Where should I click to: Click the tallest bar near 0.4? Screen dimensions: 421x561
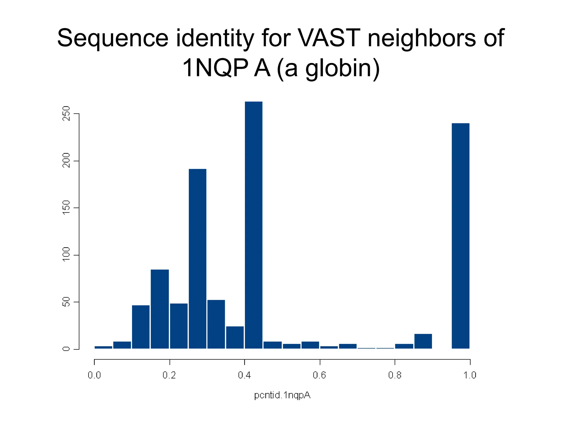(253, 225)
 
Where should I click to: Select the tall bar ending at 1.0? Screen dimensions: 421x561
(460, 236)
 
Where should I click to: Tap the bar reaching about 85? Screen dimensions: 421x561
(160, 309)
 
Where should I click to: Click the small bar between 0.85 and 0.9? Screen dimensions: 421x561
(423, 341)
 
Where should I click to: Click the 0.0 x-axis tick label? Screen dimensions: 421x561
(94, 375)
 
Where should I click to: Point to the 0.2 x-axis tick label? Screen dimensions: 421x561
(169, 375)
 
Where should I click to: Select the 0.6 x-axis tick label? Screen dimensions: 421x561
(319, 375)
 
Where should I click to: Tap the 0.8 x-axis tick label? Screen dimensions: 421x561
(395, 375)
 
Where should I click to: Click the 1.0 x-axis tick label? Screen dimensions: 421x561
(470, 375)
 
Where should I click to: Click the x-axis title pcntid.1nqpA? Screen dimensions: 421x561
(282, 395)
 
